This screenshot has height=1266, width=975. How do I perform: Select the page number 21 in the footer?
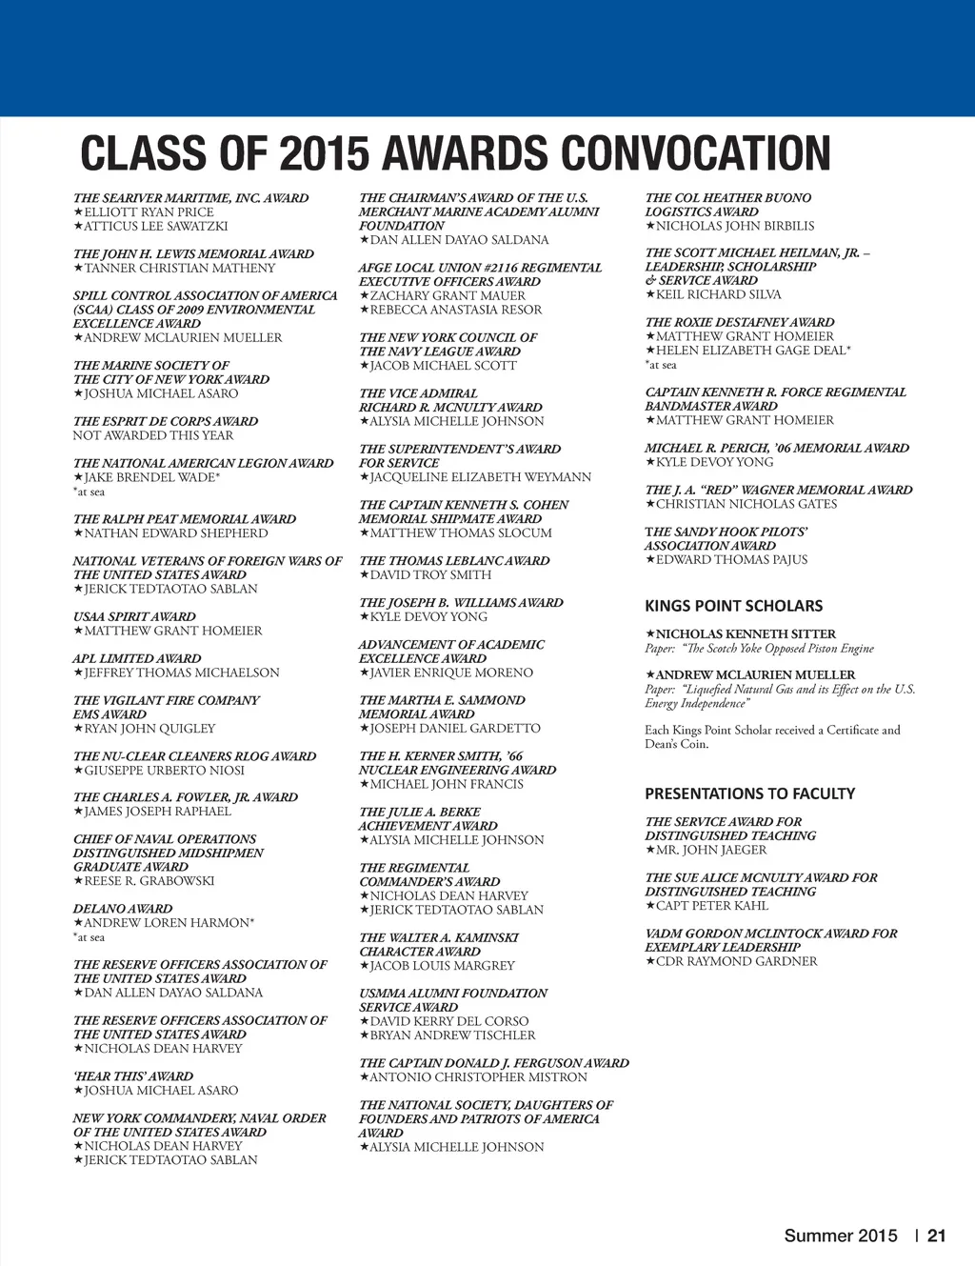[x=937, y=1236]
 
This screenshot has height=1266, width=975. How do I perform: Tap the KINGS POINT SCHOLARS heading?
[x=733, y=606]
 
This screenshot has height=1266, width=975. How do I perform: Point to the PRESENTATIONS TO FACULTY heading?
[x=749, y=794]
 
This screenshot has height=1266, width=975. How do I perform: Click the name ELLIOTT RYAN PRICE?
[x=149, y=212]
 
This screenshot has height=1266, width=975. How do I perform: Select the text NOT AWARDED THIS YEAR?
[x=153, y=435]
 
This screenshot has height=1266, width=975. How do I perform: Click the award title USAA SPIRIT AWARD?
[x=134, y=616]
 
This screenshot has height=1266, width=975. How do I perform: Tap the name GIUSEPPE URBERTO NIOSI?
[x=164, y=770]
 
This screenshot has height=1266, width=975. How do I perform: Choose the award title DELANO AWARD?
[x=123, y=909]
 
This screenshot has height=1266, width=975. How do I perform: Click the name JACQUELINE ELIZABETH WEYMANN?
[x=480, y=477]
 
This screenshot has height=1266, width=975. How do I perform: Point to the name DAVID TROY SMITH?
[x=430, y=575]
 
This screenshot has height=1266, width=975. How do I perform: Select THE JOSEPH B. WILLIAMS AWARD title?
[x=461, y=603]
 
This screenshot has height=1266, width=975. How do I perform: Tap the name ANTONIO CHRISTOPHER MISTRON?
[x=478, y=1077]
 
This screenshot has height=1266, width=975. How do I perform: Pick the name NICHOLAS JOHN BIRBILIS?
[x=734, y=227]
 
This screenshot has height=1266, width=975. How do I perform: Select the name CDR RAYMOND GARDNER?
[x=736, y=961]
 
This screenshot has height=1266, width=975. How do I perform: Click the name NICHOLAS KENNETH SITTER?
[x=746, y=633]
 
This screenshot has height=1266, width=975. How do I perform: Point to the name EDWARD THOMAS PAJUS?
[x=731, y=560]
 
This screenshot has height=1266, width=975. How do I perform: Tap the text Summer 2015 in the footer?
[x=841, y=1236]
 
